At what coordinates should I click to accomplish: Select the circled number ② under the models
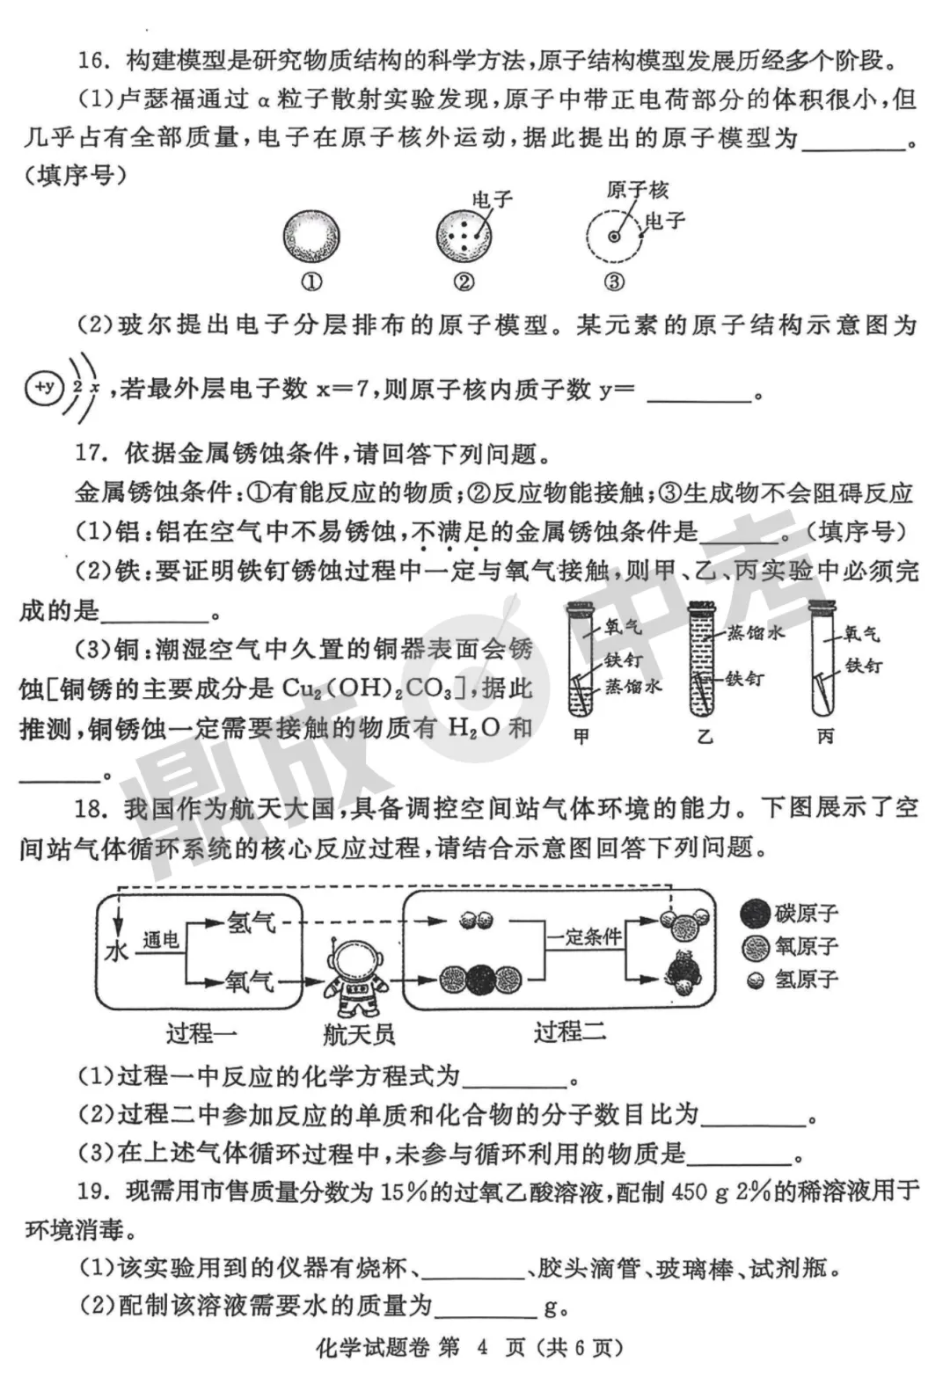click(464, 281)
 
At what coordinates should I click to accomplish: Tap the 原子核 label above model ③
click(638, 189)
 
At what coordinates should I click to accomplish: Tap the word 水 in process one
click(116, 951)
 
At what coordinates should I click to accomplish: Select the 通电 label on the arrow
click(161, 939)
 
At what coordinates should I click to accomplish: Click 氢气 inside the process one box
click(252, 921)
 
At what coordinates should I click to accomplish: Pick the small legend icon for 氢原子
click(755, 980)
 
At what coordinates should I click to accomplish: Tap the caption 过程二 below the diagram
click(569, 1031)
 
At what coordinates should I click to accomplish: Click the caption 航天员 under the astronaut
click(358, 1034)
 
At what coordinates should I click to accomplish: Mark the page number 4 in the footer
click(481, 1347)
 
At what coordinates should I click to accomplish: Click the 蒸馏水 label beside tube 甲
click(633, 686)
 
